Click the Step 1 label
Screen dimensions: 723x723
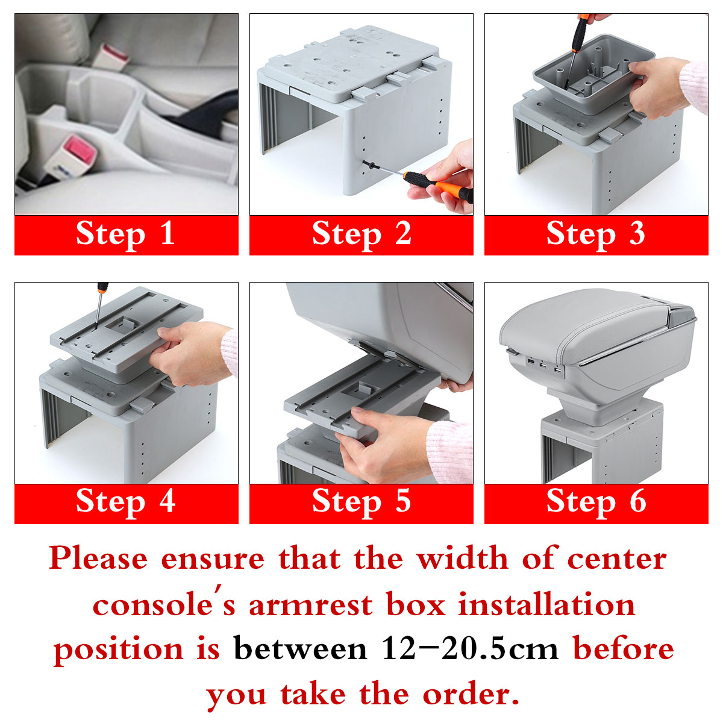point(126,234)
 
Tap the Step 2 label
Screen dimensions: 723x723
point(361,234)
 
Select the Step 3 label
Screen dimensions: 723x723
point(596,234)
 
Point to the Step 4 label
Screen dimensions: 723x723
point(126,502)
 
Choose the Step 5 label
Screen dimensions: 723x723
point(361,502)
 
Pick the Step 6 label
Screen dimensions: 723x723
point(596,502)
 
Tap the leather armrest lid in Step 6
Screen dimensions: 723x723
point(578,325)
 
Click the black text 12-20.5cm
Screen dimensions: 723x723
point(470,649)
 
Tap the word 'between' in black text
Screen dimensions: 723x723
point(300,649)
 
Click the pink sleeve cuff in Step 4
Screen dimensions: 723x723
point(229,352)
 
